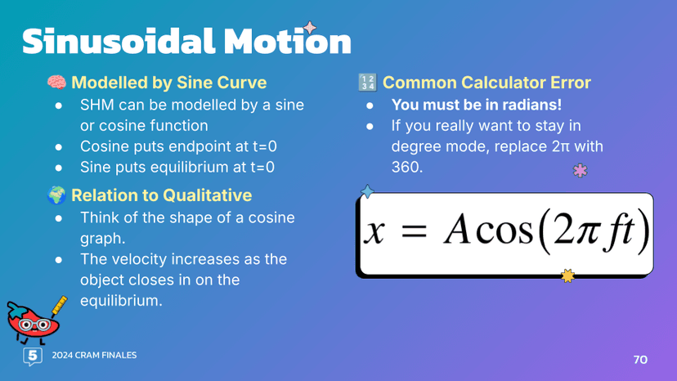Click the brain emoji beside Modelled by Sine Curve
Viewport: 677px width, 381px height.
pos(56,83)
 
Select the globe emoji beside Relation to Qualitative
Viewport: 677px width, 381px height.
pos(56,195)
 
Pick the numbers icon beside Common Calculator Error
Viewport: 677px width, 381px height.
pos(367,83)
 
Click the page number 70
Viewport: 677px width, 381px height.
pos(639,360)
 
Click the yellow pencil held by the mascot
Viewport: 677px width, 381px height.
pos(57,307)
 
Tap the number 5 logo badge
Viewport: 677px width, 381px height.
pos(33,356)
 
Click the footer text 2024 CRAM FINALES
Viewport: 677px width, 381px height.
pos(94,356)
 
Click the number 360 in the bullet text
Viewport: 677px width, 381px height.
pos(406,168)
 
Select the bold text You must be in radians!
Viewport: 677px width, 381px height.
pos(477,105)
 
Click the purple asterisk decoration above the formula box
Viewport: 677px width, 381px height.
pos(581,171)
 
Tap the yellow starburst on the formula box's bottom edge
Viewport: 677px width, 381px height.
pos(567,276)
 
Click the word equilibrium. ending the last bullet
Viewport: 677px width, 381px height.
pos(121,301)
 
